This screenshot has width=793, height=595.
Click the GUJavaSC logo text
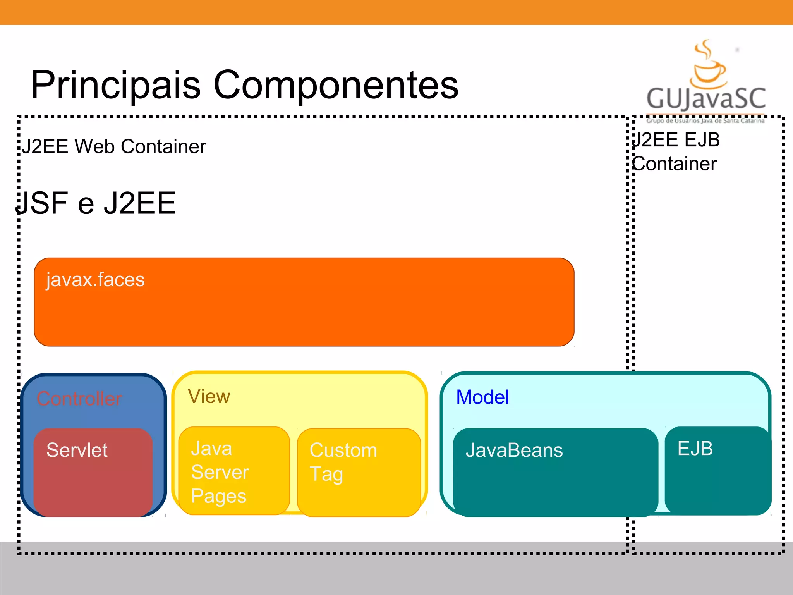[706, 98]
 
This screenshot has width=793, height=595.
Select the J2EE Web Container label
[114, 147]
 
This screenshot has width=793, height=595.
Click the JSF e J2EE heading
[96, 203]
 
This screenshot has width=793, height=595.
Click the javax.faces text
[95, 280]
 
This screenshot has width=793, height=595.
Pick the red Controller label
[79, 399]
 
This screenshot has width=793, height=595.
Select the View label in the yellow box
[209, 397]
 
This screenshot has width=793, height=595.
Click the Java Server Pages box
[234, 471]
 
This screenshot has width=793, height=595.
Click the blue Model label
[482, 397]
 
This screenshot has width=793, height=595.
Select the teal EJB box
[717, 470]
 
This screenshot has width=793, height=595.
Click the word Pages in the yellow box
[219, 496]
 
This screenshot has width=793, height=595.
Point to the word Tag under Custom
[326, 474]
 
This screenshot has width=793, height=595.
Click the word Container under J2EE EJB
[675, 164]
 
